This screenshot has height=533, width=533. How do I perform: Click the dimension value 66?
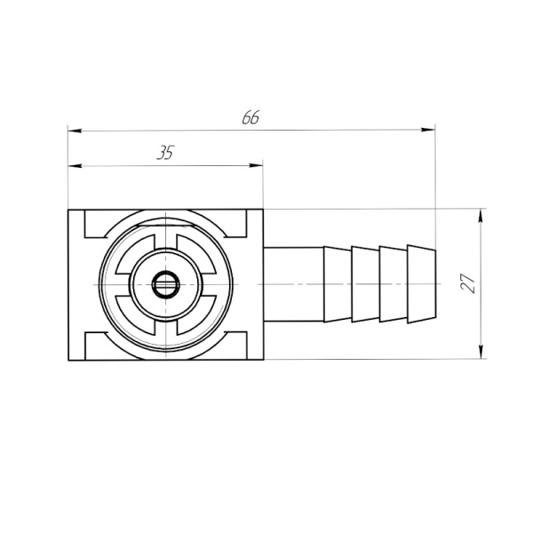251,117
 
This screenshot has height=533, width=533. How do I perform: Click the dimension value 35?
165,153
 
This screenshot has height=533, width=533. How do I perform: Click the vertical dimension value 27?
468,283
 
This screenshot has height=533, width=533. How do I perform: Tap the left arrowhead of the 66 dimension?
75,131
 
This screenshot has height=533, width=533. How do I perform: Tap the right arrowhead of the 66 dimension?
428,130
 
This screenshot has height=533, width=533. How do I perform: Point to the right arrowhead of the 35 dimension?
256,165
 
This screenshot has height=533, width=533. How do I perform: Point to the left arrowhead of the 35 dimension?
75,166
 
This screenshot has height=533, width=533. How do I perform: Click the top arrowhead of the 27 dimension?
481,216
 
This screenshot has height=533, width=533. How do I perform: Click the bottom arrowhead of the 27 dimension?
481,352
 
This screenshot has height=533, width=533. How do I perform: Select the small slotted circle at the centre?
166,284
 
